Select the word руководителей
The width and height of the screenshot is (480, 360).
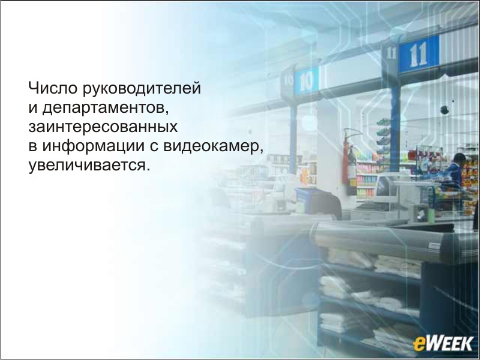click(x=142, y=89)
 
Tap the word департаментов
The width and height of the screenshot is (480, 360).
click(x=106, y=109)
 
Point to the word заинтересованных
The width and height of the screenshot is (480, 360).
click(x=103, y=127)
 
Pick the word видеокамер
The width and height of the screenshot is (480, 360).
click(x=213, y=146)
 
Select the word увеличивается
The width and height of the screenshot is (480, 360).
click(x=89, y=166)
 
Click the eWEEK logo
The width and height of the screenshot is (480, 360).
click(x=443, y=343)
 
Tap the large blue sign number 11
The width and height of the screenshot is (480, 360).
click(x=418, y=55)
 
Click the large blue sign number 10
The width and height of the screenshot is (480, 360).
click(x=307, y=80)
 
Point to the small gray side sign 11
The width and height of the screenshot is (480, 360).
click(x=391, y=53)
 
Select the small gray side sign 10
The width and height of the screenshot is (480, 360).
click(x=289, y=80)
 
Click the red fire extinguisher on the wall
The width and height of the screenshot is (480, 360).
click(x=346, y=161)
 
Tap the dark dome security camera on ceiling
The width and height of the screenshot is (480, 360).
click(x=445, y=110)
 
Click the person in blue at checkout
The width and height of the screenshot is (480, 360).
click(x=455, y=172)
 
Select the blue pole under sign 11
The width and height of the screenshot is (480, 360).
click(x=395, y=128)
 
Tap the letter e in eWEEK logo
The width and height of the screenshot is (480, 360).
click(x=419, y=344)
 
